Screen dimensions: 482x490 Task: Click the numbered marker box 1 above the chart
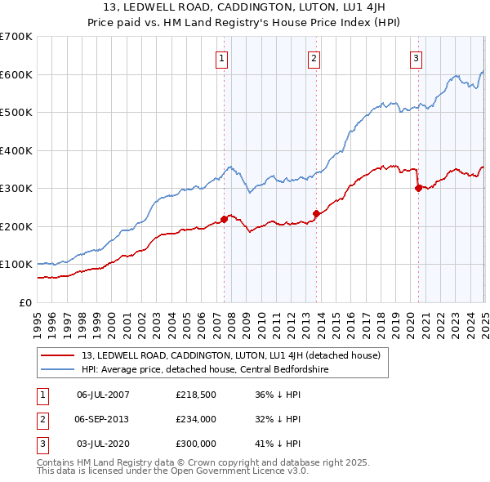(222, 58)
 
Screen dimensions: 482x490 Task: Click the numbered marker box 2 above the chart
(314, 58)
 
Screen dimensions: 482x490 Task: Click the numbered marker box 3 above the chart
(416, 58)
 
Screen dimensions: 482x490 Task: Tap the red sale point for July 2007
(224, 219)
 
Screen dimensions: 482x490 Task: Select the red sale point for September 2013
(316, 213)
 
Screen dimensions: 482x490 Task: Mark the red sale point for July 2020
(418, 188)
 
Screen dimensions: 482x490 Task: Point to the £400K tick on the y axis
(16, 150)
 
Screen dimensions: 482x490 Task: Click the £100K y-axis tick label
(16, 265)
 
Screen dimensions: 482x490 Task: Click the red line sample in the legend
(59, 355)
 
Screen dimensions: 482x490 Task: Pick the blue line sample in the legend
(59, 369)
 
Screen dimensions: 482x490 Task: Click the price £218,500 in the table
(195, 395)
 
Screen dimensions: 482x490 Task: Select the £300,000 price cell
(195, 444)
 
